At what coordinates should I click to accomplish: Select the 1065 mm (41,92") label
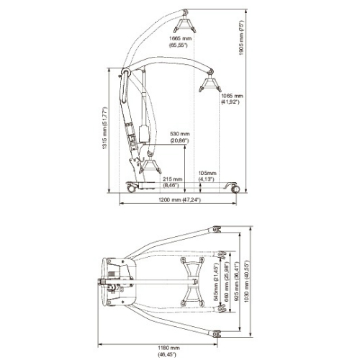[231, 99]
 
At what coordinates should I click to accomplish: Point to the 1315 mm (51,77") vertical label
[105, 130]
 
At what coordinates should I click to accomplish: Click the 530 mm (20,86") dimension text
[179, 137]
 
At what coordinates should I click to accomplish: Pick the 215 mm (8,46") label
[172, 181]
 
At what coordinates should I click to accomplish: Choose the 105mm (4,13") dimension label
[207, 176]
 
